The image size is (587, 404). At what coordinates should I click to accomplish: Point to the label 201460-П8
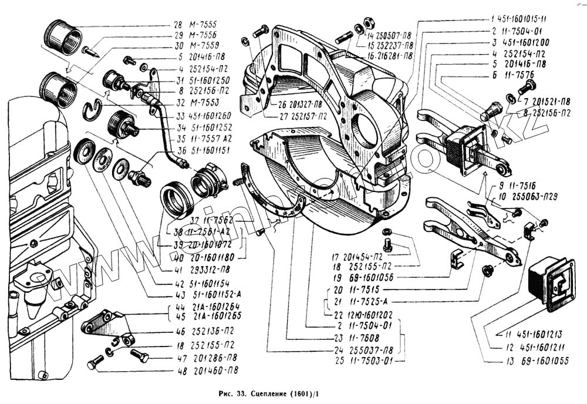pos(218,371)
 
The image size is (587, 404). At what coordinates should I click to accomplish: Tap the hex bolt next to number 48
pos(95,364)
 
